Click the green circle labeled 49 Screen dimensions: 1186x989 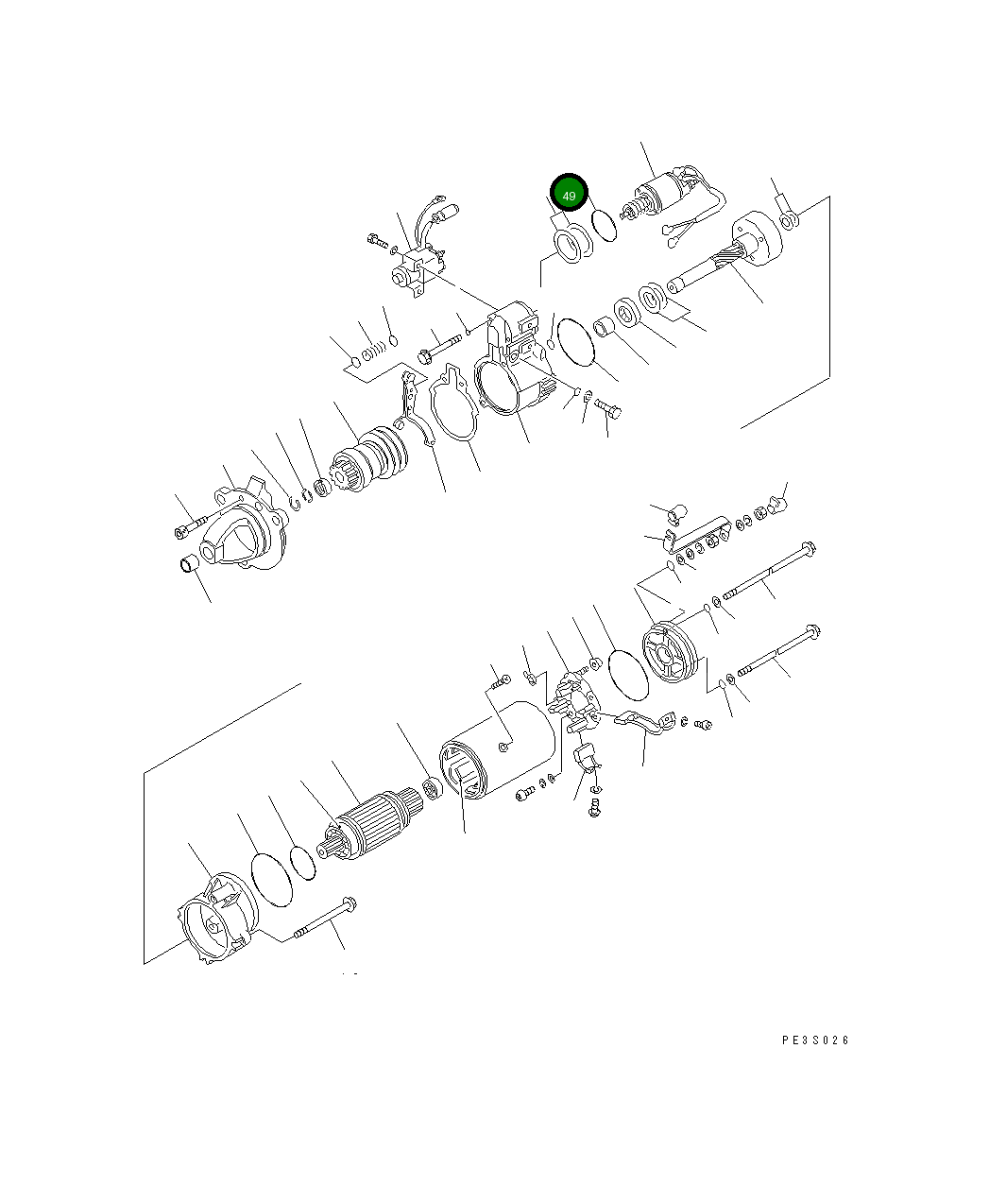569,195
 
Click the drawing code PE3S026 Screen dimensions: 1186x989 815,1040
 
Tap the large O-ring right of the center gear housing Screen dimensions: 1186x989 575,342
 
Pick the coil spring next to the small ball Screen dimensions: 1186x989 374,352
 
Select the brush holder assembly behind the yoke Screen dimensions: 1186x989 576,699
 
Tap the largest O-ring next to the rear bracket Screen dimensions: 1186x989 272,880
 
